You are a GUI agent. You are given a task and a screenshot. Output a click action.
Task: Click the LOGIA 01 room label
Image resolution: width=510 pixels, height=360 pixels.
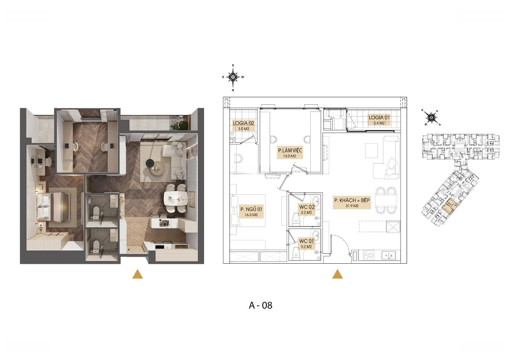pyautogui.click(x=379, y=117)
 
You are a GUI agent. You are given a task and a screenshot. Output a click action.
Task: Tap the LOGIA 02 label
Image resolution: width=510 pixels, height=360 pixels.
pyautogui.click(x=243, y=124)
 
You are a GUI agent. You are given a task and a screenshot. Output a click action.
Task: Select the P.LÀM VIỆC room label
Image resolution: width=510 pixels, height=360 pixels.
pyautogui.click(x=290, y=150)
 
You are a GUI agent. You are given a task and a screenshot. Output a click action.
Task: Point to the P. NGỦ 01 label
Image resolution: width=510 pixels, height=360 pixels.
pyautogui.click(x=251, y=209)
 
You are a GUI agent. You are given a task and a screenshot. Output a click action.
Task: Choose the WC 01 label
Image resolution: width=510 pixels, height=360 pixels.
pyautogui.click(x=306, y=241)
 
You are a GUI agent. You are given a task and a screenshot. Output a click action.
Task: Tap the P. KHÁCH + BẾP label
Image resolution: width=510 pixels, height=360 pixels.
pyautogui.click(x=352, y=201)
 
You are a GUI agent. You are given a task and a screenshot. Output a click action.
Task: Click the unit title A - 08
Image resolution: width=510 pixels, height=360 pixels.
pyautogui.click(x=261, y=305)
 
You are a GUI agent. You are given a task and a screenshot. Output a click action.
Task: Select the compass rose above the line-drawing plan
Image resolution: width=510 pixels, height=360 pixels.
pyautogui.click(x=233, y=77)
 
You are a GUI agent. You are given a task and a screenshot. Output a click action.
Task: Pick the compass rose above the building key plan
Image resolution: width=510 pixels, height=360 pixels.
pyautogui.click(x=431, y=117)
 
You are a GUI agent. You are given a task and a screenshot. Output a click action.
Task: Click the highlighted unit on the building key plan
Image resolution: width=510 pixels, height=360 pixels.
pyautogui.click(x=449, y=207)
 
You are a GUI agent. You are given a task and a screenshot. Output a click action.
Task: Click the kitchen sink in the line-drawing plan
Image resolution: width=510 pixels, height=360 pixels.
pyautogui.click(x=389, y=255)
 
